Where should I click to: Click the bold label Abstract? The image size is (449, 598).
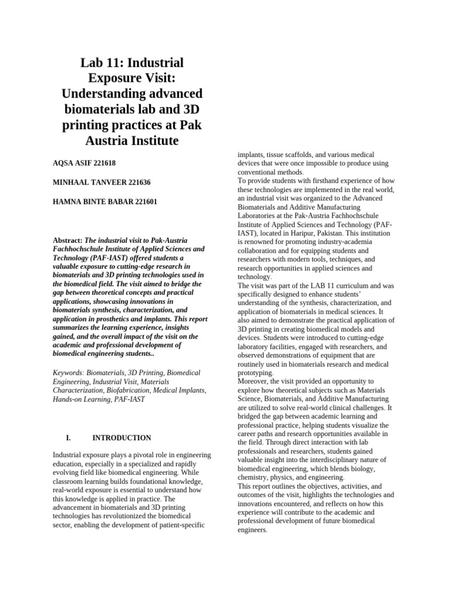click(68, 240)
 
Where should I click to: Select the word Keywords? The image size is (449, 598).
click(68, 373)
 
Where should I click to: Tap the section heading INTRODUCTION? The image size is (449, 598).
click(122, 437)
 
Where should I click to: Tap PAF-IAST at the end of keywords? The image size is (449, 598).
click(130, 399)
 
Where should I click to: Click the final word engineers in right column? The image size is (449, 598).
click(251, 530)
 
